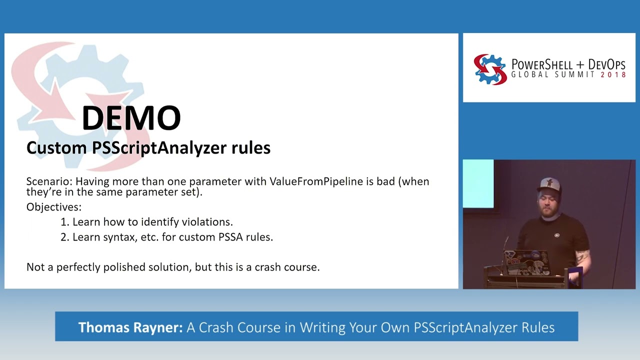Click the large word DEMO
(131, 118)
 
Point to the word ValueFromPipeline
(316, 181)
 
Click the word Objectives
(53, 207)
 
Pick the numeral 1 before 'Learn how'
(64, 222)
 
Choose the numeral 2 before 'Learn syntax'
(64, 237)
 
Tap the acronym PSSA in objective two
(230, 237)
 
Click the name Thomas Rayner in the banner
(130, 327)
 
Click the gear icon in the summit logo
(490, 69)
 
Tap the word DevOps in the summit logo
(606, 64)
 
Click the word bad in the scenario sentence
(385, 181)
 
